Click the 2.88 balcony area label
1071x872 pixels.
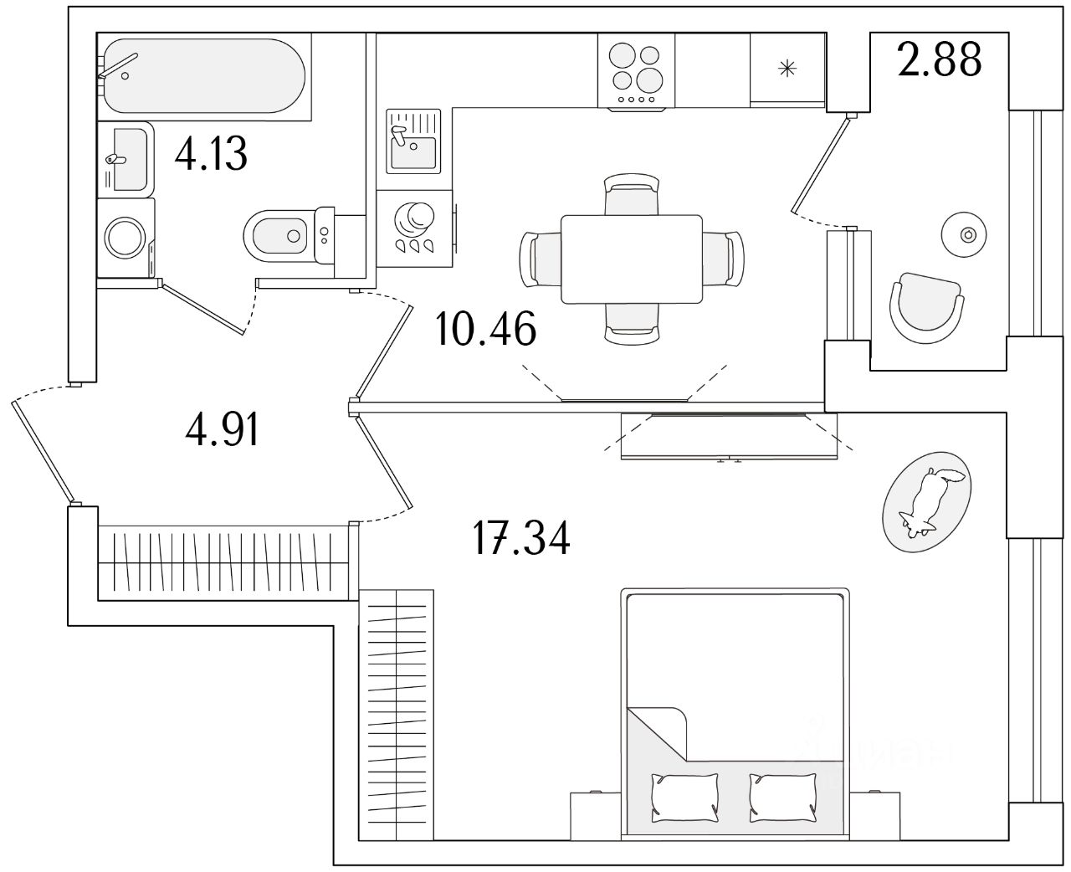(939, 59)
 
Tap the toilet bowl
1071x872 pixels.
(276, 235)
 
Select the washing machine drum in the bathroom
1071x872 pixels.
(125, 237)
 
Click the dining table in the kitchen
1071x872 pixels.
(631, 259)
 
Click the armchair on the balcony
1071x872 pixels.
(925, 305)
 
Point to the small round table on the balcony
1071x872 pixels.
(967, 233)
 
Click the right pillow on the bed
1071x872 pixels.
(783, 796)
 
